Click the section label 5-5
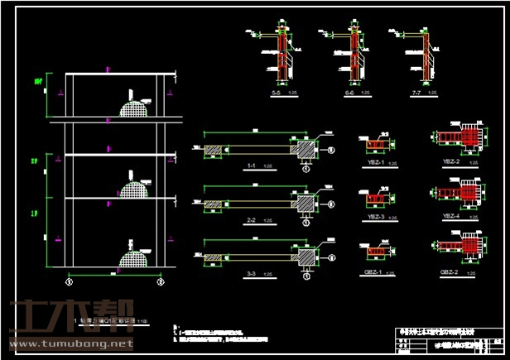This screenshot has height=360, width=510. [275, 93]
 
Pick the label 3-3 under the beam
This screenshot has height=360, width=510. [251, 272]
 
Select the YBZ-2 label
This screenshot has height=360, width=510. [450, 161]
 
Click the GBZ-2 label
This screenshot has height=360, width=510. [450, 271]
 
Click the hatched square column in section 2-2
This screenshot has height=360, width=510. [304, 203]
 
